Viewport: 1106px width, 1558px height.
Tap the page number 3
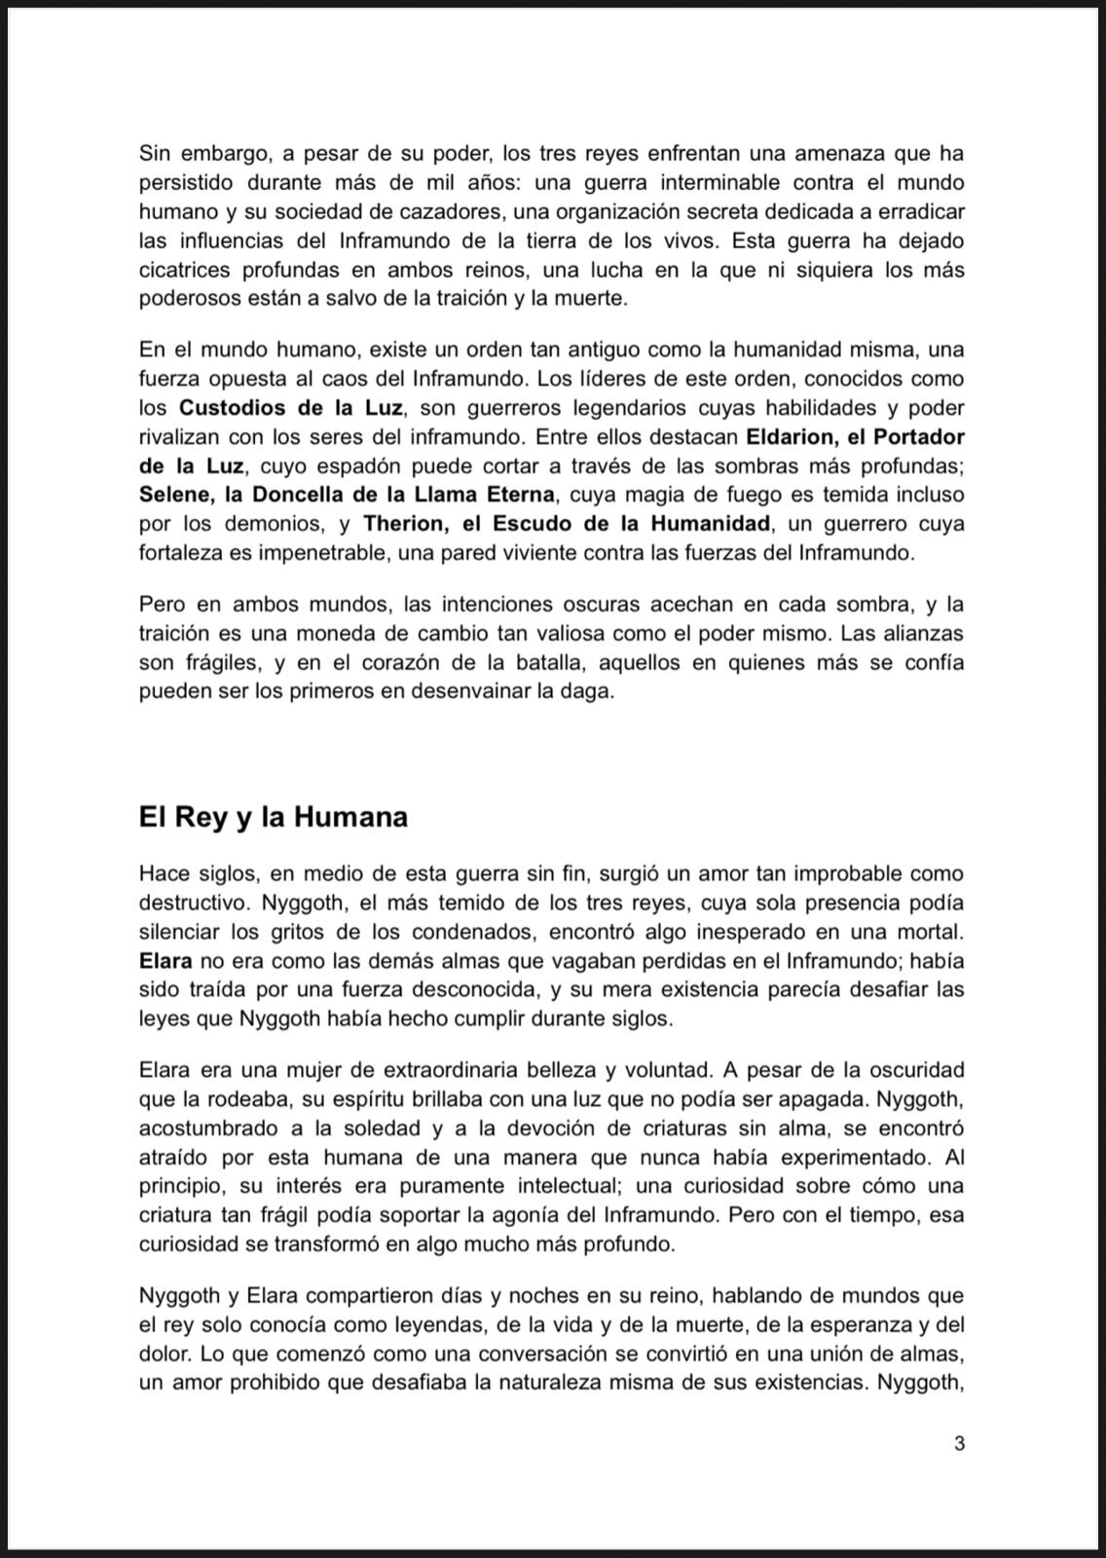959,1443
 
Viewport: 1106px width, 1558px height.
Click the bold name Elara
165,961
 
